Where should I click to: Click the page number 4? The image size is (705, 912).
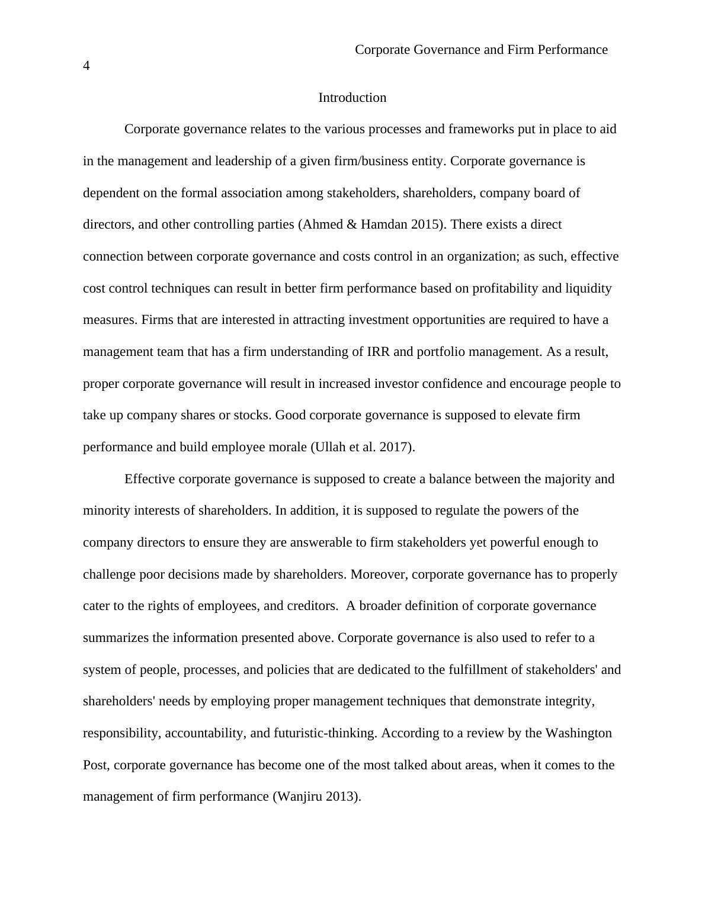pyautogui.click(x=86, y=66)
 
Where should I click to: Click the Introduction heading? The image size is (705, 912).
pyautogui.click(x=352, y=98)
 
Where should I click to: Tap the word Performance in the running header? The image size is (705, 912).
pyautogui.click(x=572, y=50)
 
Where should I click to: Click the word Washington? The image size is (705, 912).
pyautogui.click(x=578, y=733)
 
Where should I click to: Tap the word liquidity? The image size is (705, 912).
pyautogui.click(x=588, y=288)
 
